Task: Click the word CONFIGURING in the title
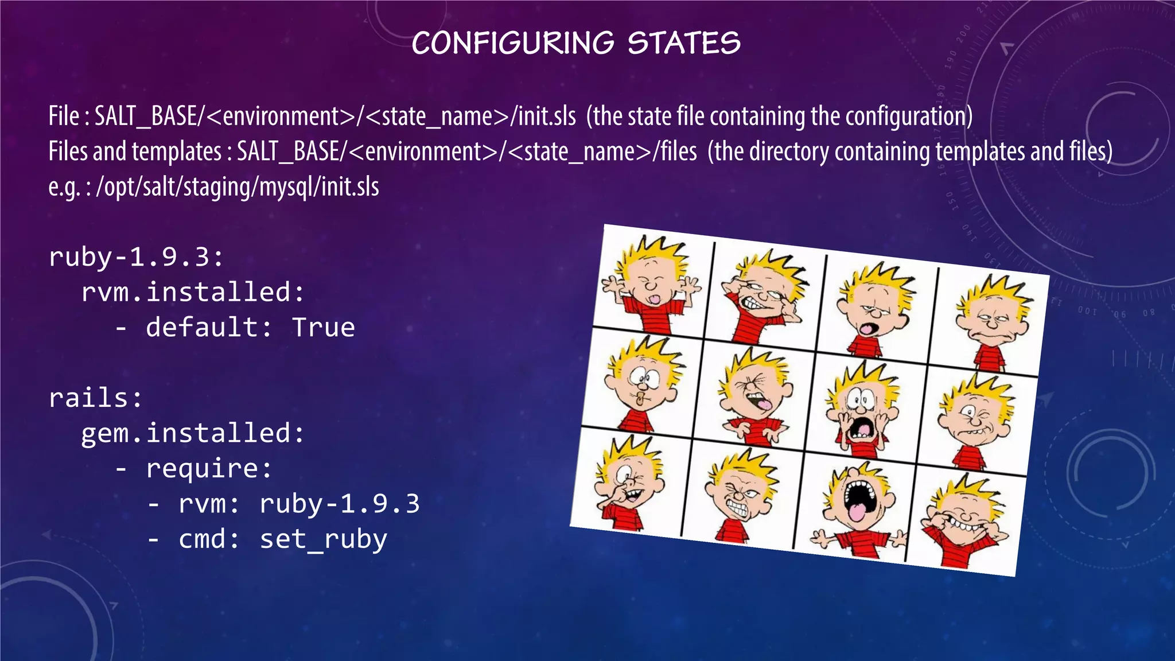tap(513, 44)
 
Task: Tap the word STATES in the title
tap(684, 44)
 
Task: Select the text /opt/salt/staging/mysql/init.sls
tap(238, 187)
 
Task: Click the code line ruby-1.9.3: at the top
tap(136, 257)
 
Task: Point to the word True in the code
tap(324, 328)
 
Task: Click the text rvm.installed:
tap(193, 292)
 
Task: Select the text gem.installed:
tap(193, 433)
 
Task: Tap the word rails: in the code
tap(96, 398)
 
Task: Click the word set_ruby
tap(324, 539)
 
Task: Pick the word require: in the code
tap(209, 468)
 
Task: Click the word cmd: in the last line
tap(209, 539)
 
